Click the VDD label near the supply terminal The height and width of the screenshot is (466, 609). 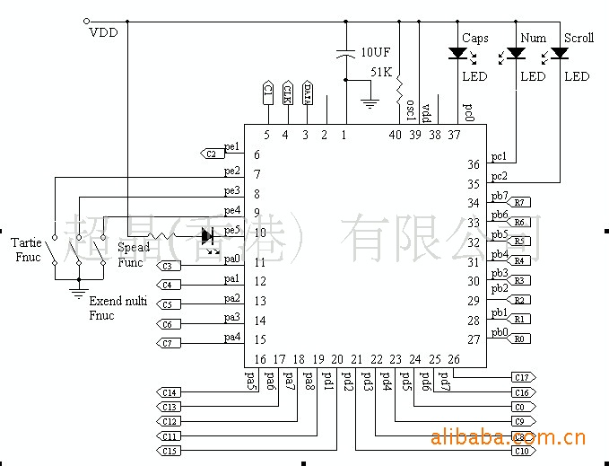(103, 33)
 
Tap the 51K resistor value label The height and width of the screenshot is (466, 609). (381, 72)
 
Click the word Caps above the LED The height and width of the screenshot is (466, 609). (474, 39)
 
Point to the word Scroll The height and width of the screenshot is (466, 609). (579, 39)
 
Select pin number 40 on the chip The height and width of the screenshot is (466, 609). (395, 136)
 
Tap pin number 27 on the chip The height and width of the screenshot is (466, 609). (473, 339)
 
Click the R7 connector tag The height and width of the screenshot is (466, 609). (519, 203)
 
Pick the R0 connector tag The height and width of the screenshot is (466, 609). (519, 339)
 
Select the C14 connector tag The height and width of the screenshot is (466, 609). (169, 392)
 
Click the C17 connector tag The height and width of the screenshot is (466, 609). (521, 377)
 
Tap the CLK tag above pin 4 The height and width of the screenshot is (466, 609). (287, 92)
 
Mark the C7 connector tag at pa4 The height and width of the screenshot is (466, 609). (168, 343)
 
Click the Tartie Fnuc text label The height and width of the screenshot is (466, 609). (26, 251)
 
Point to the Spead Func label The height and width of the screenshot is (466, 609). (134, 254)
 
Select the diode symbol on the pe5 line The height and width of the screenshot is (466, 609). (208, 236)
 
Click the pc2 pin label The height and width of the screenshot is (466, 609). (500, 176)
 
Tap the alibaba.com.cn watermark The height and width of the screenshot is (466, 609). (509, 438)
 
